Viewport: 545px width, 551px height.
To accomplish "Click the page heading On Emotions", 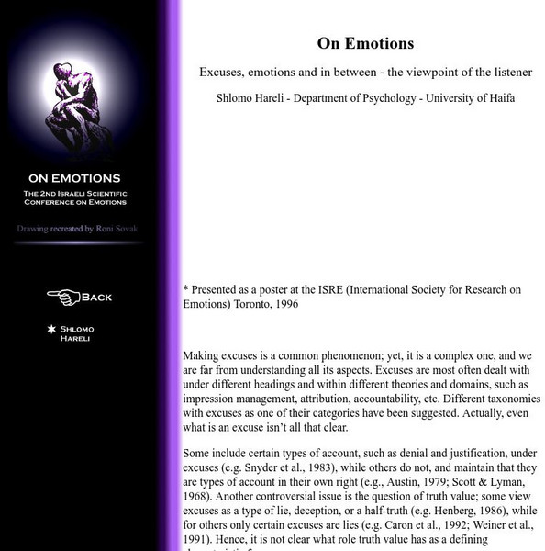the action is pyautogui.click(x=365, y=43).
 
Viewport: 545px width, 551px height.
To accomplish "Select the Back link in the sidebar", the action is pyautogui.click(x=96, y=297).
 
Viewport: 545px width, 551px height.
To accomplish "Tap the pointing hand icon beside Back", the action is pyautogui.click(x=63, y=297).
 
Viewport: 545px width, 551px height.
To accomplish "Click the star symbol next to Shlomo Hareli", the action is pyautogui.click(x=52, y=328).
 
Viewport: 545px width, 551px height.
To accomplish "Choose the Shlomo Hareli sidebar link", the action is pyautogui.click(x=76, y=332).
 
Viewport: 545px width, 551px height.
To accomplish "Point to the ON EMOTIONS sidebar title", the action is pyautogui.click(x=74, y=178).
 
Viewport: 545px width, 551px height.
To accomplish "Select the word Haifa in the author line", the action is pyautogui.click(x=497, y=97).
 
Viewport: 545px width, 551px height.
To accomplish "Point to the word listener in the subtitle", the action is pyautogui.click(x=510, y=72).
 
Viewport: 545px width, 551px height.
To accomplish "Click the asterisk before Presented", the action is pyautogui.click(x=186, y=289).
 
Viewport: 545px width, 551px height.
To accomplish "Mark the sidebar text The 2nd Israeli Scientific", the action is pyautogui.click(x=75, y=193).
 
